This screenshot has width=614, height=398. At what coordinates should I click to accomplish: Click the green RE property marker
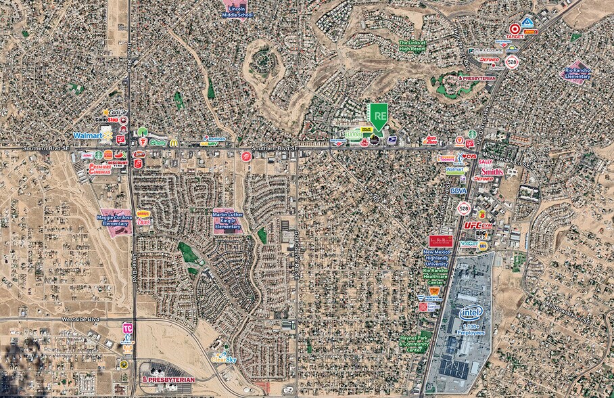[x=379, y=116]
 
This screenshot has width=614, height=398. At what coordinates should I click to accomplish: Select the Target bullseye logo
[x=515, y=29]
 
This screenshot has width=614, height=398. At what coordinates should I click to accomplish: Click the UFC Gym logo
[x=478, y=225]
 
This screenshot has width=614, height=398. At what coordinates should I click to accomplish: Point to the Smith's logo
[x=492, y=171]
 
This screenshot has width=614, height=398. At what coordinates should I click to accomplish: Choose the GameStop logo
[x=107, y=120]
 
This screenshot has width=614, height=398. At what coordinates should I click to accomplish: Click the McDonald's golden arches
[x=174, y=143]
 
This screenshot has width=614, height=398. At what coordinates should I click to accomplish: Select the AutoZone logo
[x=429, y=141]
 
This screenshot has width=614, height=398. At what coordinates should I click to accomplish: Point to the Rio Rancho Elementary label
[x=577, y=72]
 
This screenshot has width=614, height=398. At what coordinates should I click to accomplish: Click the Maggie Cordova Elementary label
[x=114, y=221]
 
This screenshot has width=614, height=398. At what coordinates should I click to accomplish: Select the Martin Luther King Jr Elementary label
[x=227, y=220]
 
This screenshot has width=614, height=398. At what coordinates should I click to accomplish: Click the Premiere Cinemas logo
[x=99, y=167]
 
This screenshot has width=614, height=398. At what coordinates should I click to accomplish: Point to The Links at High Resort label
[x=412, y=45]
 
